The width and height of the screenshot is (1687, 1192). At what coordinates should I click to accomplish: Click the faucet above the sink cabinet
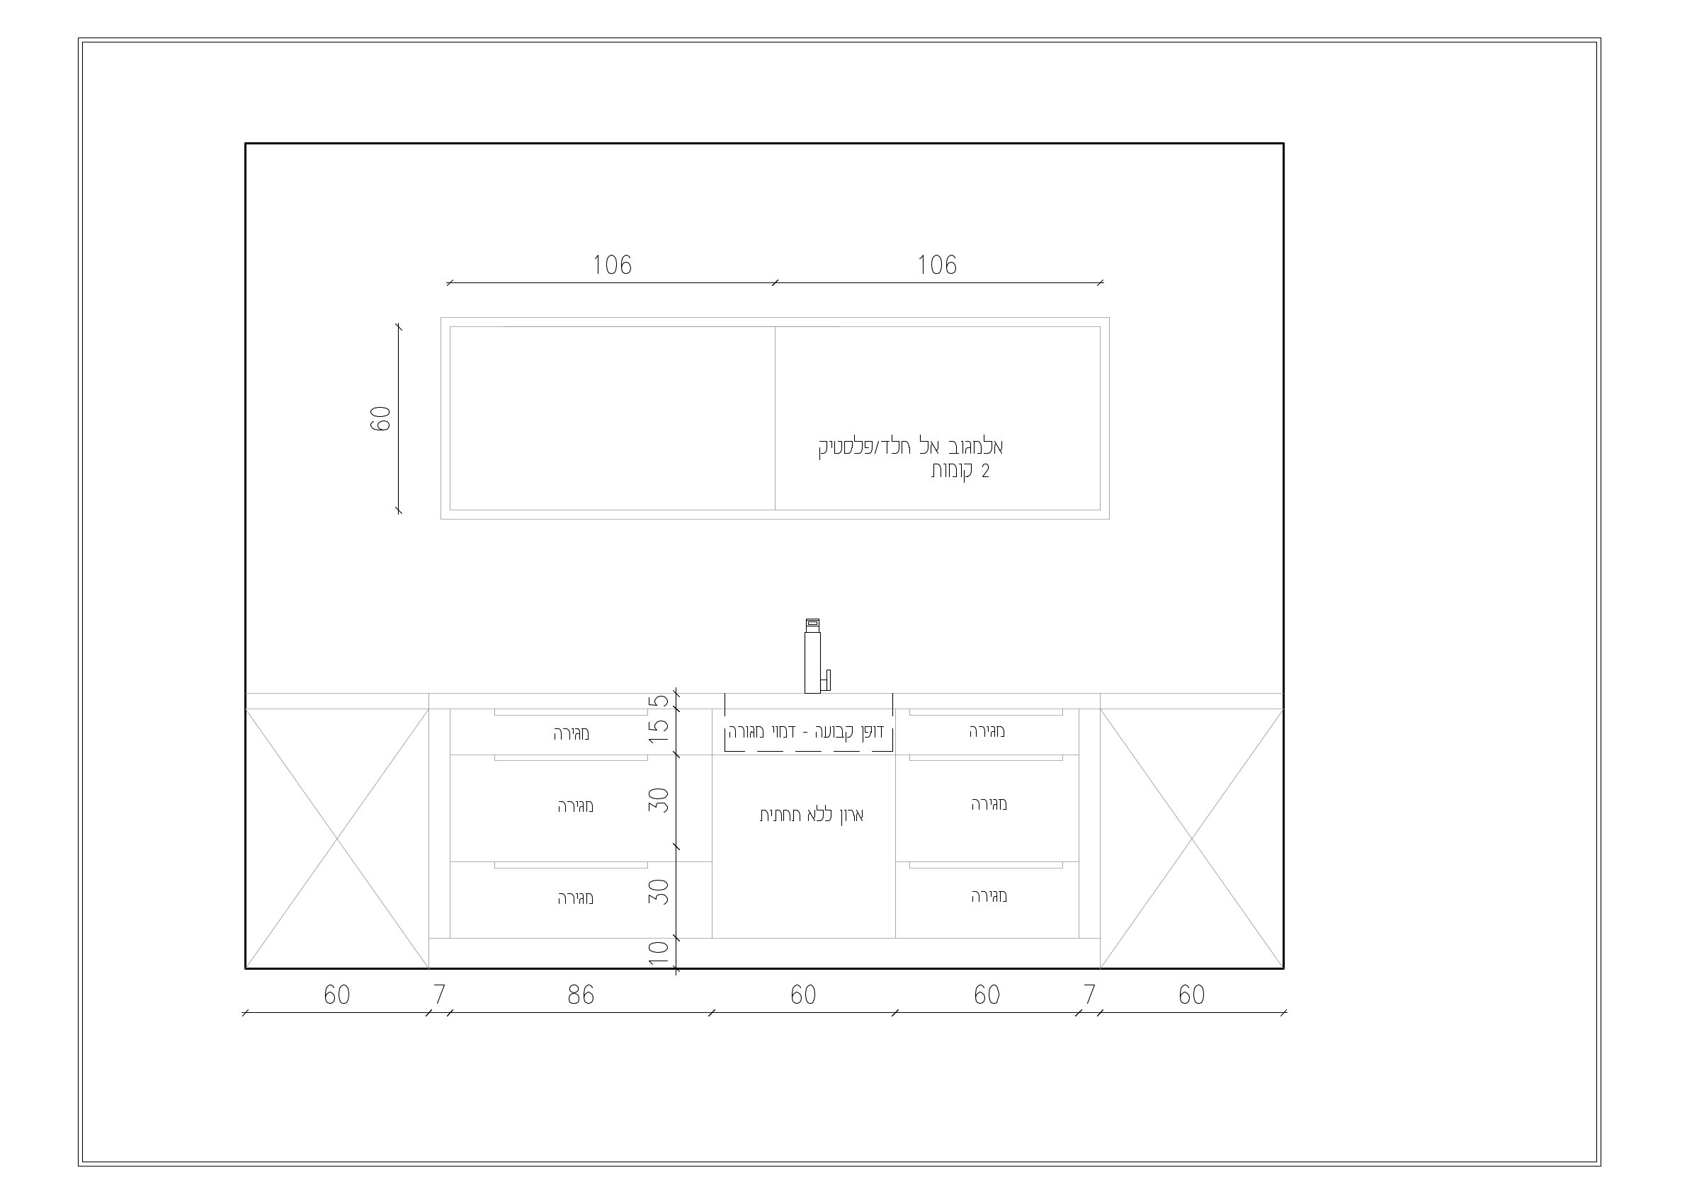[x=812, y=656]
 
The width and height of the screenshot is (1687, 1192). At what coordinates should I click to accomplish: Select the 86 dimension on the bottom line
[x=581, y=995]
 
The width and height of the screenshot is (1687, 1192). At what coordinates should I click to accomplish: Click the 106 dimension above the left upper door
[x=612, y=265]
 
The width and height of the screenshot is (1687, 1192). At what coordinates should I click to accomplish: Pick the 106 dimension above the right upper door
[x=937, y=265]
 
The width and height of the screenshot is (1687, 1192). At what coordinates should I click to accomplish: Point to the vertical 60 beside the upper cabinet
[x=380, y=418]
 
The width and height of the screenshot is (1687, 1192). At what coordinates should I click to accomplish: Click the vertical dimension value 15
[x=659, y=730]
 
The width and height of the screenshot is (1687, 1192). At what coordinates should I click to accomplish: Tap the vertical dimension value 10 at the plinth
[x=659, y=953]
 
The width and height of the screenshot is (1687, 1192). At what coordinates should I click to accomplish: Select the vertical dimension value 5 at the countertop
[x=661, y=701]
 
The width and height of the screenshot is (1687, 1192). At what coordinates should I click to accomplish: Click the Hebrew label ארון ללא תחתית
[x=811, y=815]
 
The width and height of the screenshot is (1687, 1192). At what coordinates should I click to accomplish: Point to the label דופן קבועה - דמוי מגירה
[x=806, y=732]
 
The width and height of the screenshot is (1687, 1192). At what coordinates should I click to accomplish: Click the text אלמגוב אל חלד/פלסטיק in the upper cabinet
[x=911, y=447]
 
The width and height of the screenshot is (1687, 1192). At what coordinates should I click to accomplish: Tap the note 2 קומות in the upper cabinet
[x=960, y=471]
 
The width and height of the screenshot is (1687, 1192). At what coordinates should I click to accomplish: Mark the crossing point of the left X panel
[x=337, y=838]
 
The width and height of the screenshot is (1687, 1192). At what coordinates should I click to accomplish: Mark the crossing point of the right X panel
[x=1192, y=838]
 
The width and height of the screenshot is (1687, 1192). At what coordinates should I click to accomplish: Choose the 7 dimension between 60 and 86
[x=439, y=995]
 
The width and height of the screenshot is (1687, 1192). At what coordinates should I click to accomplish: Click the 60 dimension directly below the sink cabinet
[x=803, y=995]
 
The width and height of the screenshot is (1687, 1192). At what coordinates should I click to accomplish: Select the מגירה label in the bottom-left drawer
[x=575, y=898]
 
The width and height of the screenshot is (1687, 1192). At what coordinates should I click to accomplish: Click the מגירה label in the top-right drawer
[x=987, y=730]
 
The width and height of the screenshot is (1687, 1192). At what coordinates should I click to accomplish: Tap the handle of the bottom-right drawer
[x=986, y=865]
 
